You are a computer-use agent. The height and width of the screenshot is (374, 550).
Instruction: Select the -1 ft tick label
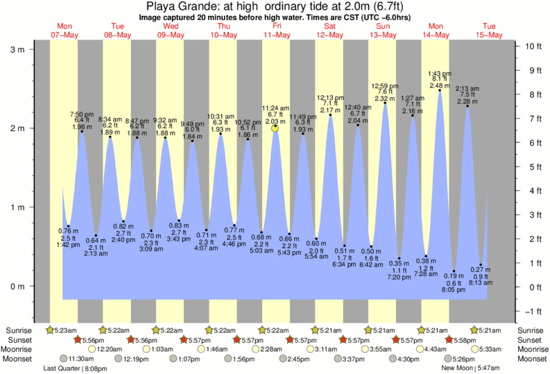533,311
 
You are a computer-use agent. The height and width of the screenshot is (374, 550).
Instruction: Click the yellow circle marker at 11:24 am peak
275,128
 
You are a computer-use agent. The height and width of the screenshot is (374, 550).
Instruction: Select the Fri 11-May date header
277,30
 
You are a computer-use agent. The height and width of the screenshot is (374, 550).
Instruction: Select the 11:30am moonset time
82,359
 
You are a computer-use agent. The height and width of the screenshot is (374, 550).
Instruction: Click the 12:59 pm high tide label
385,85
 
